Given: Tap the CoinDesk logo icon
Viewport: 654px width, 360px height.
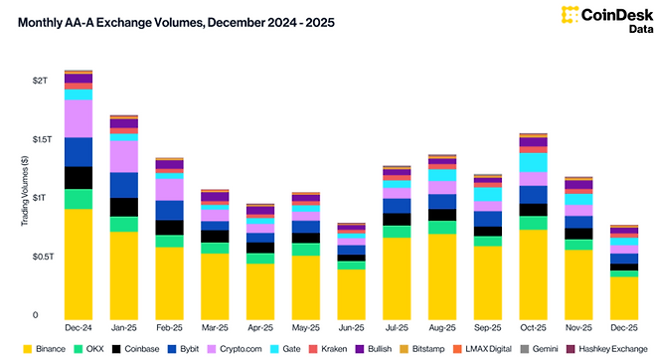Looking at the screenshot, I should [x=571, y=14].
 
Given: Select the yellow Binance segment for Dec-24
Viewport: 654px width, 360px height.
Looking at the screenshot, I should [x=78, y=263].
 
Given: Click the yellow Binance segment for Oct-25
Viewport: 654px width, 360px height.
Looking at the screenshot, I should [x=533, y=272].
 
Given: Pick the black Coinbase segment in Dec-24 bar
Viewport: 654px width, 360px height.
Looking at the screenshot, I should [x=78, y=177].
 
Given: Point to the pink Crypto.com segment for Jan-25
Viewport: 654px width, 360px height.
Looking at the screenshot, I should [x=123, y=156].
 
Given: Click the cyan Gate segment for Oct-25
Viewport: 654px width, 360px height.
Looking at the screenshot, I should [x=533, y=162].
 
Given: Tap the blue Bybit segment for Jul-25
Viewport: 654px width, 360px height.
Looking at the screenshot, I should [x=397, y=206].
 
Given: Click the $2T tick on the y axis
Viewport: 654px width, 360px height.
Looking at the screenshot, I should [x=40, y=79].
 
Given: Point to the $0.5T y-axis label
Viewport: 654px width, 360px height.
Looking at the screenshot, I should [x=37, y=257].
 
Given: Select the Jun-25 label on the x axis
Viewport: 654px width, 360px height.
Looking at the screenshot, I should [x=351, y=326].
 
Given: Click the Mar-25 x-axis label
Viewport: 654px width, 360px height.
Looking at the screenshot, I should [x=215, y=326].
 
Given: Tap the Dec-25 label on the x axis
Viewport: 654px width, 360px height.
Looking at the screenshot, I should [x=623, y=326].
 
